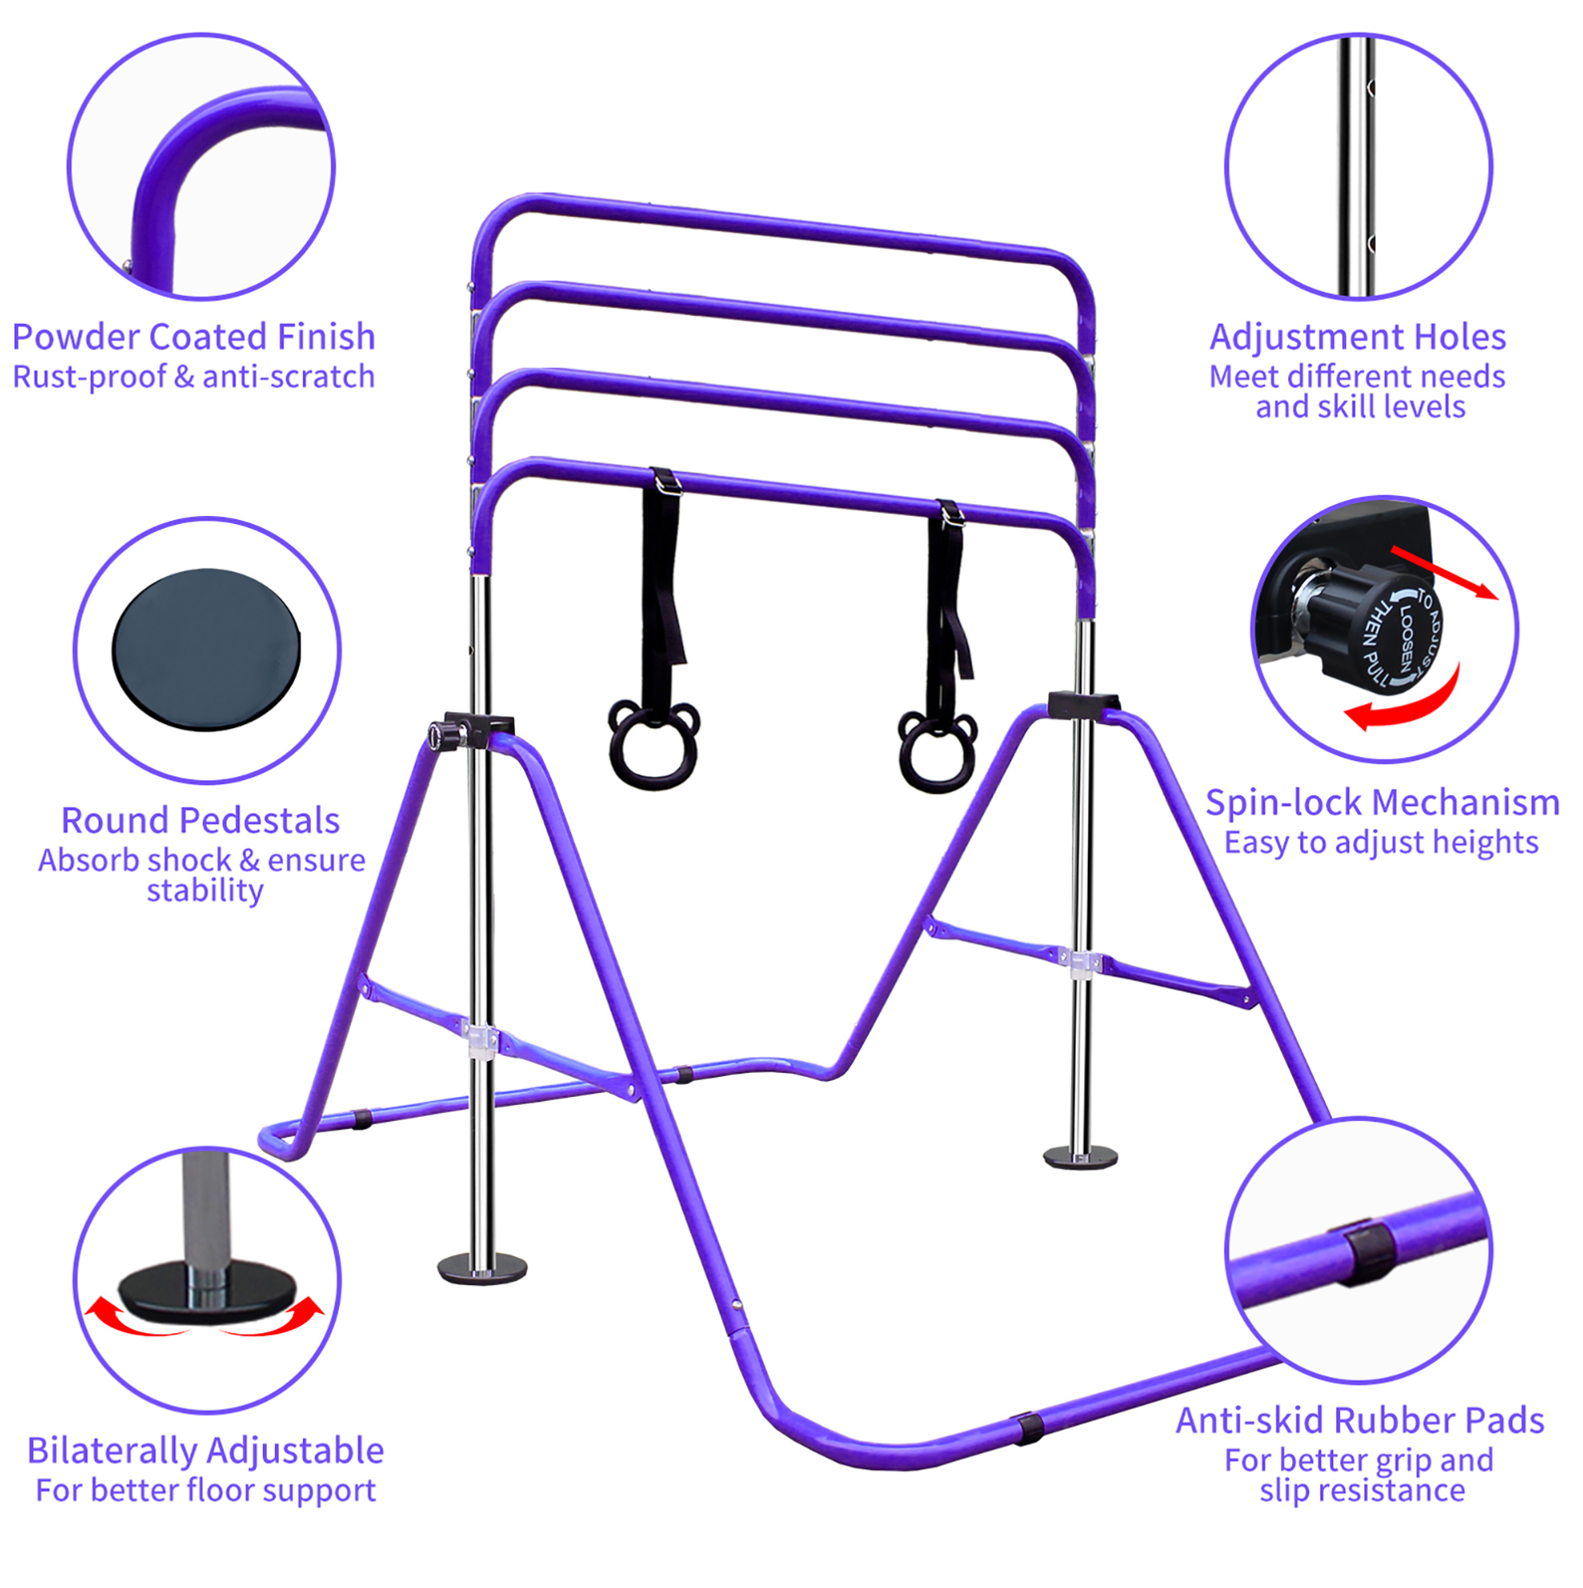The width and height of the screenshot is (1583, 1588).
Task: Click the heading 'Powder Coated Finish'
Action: [x=193, y=337]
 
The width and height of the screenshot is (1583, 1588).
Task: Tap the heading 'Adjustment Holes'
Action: [x=1358, y=337]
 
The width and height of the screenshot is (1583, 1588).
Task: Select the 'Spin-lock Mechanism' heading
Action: [x=1382, y=802]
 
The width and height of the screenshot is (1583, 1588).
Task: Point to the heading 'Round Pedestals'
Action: [x=201, y=821]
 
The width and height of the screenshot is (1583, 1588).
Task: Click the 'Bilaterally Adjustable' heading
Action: [x=206, y=1451]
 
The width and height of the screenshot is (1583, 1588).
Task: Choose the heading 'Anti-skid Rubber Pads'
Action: [x=1360, y=1420]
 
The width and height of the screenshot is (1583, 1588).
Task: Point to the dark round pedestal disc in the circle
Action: [x=207, y=649]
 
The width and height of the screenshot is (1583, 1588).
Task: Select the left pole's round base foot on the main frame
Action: [x=482, y=1268]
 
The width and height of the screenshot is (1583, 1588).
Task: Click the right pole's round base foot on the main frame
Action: [x=1080, y=1157]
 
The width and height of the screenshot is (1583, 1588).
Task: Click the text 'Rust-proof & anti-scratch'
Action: [x=194, y=376]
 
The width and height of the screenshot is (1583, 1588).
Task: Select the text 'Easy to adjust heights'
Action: [x=1381, y=842]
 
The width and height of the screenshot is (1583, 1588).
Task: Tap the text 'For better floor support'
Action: [x=206, y=1490]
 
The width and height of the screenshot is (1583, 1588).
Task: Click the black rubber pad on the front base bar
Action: [x=1028, y=1429]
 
